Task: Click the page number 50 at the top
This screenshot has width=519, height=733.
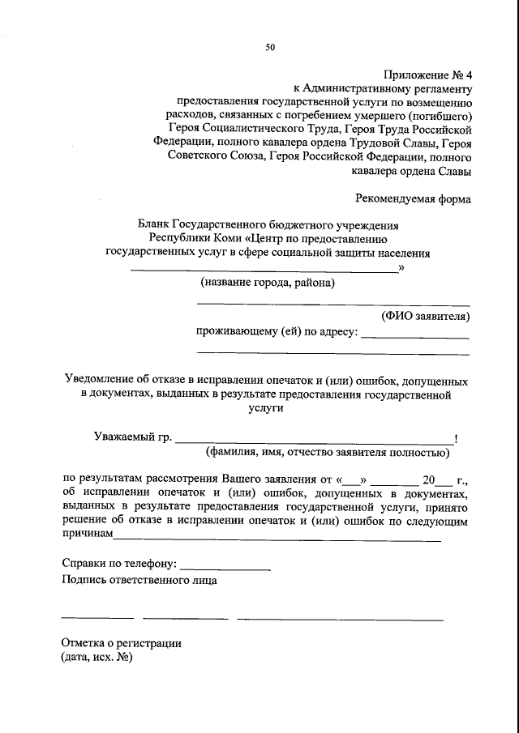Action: tap(270, 48)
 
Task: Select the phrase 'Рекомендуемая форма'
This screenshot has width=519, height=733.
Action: tap(413, 198)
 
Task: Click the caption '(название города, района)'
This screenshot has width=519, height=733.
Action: tap(267, 283)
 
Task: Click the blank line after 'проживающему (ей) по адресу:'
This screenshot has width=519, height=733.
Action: tap(414, 337)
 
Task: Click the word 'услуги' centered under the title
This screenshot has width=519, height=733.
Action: tap(265, 409)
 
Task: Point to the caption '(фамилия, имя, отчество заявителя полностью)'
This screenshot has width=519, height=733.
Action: tap(328, 453)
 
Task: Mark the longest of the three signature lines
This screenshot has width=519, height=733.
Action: tap(340, 620)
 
